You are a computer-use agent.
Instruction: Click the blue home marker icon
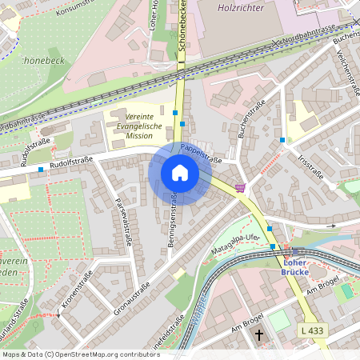tap(179, 173)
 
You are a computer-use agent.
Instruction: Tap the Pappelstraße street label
tap(200, 150)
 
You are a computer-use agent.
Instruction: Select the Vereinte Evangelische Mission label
tap(138, 126)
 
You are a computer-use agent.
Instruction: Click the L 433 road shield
tap(314, 330)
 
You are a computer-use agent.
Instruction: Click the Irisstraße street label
tap(310, 169)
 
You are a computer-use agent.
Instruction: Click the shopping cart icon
tap(240, 188)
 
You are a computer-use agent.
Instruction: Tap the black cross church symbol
tap(258, 333)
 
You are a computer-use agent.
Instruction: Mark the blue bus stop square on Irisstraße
tap(282, 140)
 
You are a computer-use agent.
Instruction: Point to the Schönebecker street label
tap(183, 32)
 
